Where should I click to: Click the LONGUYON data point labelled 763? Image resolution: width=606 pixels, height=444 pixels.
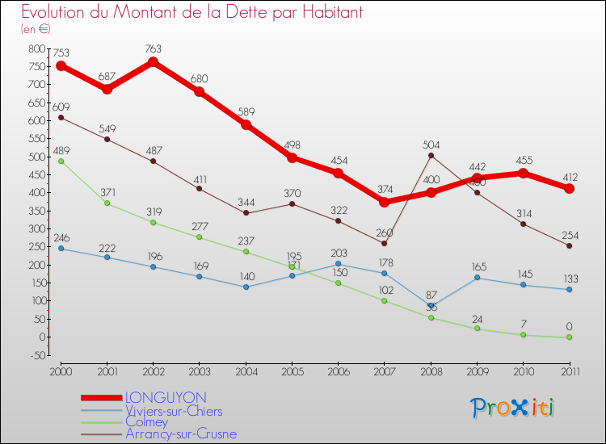153,62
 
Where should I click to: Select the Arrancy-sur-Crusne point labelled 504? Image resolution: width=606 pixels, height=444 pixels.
431,155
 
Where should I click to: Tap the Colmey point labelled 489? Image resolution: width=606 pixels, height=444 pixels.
61,161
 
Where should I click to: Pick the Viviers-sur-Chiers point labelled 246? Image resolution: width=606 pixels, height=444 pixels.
61,248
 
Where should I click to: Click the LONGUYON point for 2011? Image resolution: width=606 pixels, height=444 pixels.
570,188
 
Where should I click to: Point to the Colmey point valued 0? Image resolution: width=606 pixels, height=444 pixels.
570,337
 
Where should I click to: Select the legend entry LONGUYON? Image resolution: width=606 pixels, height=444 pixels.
165,397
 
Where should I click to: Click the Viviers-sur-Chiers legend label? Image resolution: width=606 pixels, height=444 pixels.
173,410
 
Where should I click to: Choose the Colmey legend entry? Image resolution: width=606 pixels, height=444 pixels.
146,421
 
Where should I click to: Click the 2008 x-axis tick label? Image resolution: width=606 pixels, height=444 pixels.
431,371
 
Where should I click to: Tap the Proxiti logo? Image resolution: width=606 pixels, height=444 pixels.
514,408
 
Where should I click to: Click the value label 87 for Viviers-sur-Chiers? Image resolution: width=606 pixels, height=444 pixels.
432,295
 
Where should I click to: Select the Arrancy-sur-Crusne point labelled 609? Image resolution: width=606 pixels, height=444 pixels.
61,117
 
